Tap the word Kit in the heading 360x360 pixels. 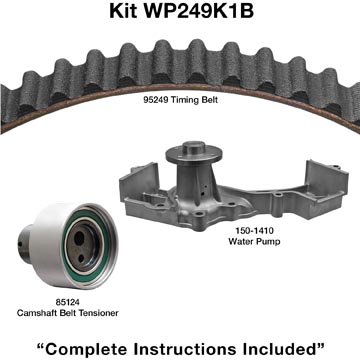124,11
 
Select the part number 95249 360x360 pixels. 155,100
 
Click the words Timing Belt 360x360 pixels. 194,100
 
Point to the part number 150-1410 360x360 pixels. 254,231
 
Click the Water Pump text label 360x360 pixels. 254,241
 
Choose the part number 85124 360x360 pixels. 68,304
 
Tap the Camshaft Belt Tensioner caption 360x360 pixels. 68,313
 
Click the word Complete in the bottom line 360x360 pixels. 87,349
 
